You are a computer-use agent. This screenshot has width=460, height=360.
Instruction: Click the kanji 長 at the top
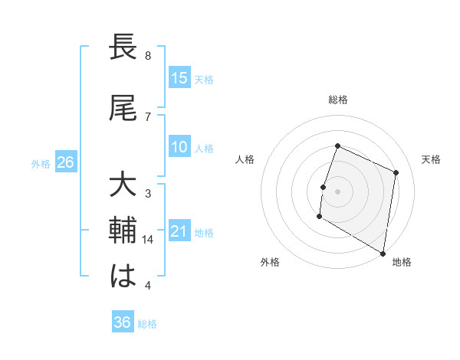(123, 48)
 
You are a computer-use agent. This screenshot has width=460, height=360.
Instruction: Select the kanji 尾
(123, 108)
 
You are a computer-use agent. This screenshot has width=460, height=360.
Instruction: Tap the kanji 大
(123, 187)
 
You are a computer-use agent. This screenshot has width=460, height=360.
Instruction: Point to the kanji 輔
(123, 231)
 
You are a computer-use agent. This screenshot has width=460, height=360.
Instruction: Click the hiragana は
(123, 275)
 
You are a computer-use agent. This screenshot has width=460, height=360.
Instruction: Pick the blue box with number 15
(179, 78)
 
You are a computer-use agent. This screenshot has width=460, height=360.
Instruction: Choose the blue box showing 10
(179, 147)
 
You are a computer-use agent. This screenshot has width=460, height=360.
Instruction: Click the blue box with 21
(179, 232)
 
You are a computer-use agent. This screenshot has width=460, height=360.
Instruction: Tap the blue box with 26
(65, 162)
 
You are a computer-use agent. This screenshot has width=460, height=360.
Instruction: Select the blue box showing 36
(123, 322)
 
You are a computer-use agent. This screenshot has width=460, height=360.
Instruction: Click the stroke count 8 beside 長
(147, 56)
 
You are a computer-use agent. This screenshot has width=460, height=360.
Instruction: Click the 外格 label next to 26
(41, 163)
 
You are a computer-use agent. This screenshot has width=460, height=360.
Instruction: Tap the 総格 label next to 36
(147, 324)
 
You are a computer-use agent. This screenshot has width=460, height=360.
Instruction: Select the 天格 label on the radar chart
(432, 159)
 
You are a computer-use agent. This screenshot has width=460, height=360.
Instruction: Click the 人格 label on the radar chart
(245, 159)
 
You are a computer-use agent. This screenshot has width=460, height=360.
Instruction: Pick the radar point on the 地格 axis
(382, 253)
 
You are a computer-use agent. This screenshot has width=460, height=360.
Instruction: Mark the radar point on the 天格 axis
(396, 172)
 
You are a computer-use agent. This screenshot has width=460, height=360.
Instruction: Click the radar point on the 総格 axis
(337, 146)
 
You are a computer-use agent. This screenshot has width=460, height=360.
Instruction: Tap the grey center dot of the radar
(337, 191)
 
